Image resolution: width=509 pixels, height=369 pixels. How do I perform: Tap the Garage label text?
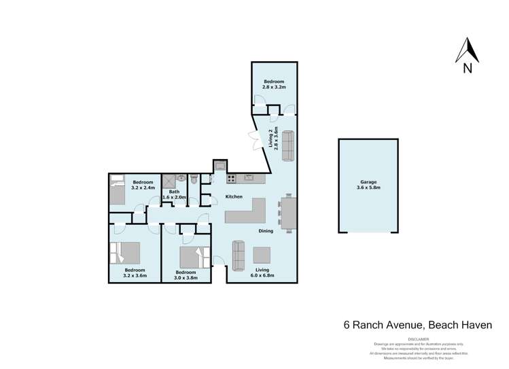click(370, 182)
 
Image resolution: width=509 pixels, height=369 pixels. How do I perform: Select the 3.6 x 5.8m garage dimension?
click(370, 188)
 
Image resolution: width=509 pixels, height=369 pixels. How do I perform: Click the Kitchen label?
click(234, 197)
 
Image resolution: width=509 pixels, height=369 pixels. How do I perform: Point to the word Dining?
click(266, 231)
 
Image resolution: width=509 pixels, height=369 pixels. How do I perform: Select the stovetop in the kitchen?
click(231, 179)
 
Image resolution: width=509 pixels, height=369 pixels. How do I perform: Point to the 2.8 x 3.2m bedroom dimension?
click(275, 88)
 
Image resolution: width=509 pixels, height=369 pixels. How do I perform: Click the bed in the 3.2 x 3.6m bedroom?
click(125, 253)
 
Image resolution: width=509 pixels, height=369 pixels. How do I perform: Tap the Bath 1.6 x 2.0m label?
click(174, 194)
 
